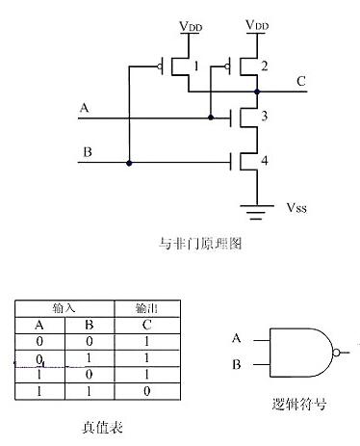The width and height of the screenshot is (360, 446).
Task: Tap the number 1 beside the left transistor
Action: (196, 66)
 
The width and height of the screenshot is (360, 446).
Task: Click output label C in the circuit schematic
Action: (302, 81)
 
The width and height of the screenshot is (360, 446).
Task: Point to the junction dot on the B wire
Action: (129, 163)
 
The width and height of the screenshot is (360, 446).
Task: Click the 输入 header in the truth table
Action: (64, 305)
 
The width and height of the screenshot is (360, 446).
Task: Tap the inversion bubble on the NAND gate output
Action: (335, 352)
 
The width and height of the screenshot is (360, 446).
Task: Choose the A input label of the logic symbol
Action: (237, 337)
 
